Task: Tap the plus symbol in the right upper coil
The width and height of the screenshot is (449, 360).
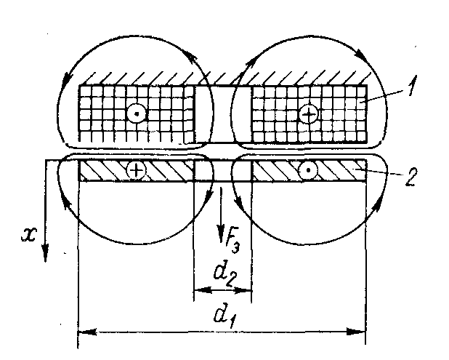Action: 309,114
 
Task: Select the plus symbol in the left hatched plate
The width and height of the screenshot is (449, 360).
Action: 135,170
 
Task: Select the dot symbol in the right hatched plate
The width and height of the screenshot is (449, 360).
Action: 310,170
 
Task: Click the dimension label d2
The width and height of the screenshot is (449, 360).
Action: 224,274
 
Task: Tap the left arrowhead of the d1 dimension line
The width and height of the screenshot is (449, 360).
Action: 82,332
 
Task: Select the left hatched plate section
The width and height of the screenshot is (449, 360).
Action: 167,170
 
